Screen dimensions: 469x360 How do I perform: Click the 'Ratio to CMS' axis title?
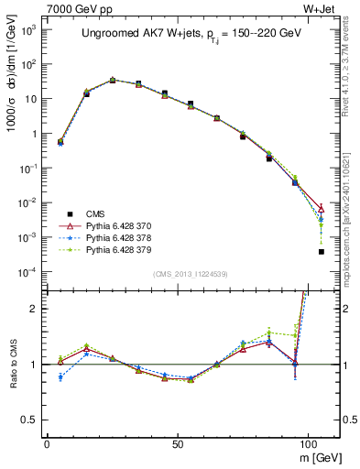tap(13, 365)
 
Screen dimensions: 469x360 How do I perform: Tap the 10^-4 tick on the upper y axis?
tap(29, 272)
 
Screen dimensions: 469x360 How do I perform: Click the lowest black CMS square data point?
tap(322, 251)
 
